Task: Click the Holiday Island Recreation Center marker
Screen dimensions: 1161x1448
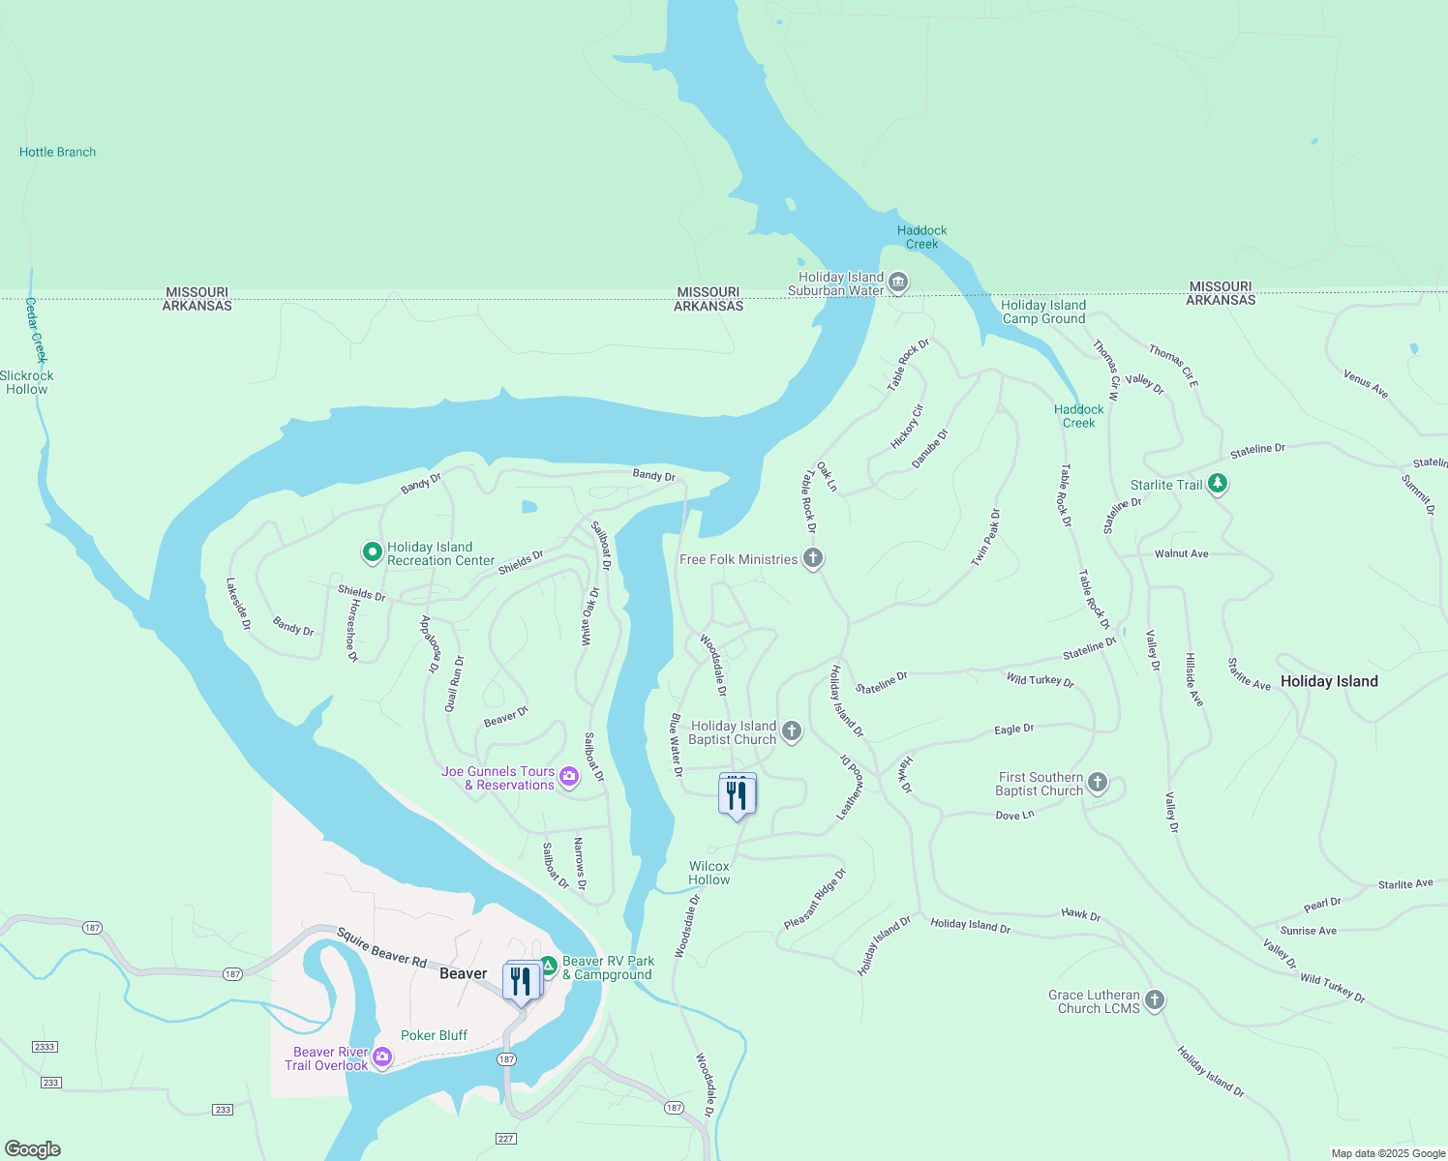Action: tap(372, 552)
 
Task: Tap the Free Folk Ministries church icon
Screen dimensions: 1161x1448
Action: tap(813, 558)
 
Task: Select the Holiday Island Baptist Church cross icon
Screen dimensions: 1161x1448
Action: tap(792, 731)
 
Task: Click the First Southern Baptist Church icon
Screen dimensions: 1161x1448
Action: tap(1097, 783)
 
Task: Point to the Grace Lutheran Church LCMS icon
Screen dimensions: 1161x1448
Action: tap(1155, 1000)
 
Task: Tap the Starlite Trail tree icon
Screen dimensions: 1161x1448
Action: tap(1218, 484)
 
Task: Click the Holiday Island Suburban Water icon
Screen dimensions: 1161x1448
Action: tap(897, 283)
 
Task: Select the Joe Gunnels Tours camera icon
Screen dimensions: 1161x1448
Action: tap(568, 777)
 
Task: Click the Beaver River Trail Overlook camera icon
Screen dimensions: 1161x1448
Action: tap(382, 1057)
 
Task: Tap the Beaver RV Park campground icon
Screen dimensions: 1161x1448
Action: tap(548, 966)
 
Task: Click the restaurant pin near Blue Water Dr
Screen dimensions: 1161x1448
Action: tap(738, 795)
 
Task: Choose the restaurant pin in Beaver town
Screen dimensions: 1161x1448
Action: tap(522, 982)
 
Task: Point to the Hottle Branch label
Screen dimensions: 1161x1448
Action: tap(58, 152)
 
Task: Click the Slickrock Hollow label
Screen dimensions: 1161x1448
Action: tap(27, 382)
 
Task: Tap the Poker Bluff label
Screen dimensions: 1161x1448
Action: tap(434, 1035)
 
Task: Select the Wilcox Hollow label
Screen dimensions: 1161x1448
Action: tap(709, 873)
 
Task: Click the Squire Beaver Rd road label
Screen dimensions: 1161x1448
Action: tap(381, 947)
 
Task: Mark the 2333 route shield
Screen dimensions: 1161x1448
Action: tap(45, 1047)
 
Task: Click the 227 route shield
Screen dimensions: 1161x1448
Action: tap(505, 1139)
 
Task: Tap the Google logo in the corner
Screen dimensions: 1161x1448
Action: tap(33, 1149)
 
